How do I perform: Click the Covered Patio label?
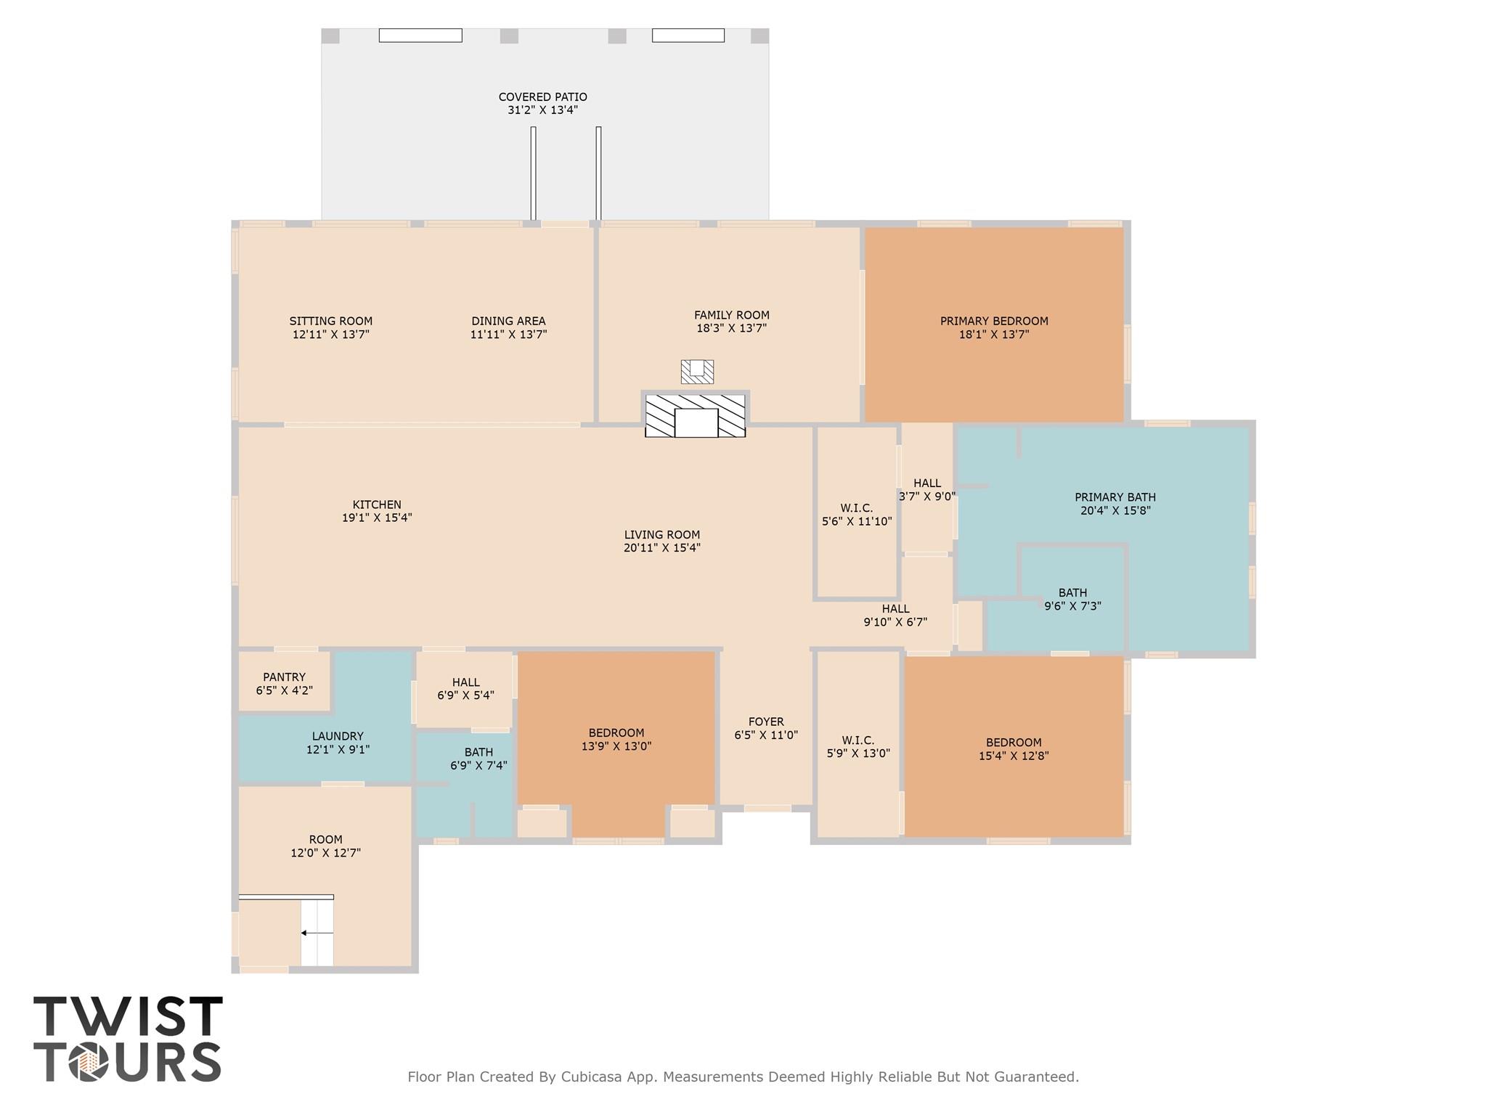(x=542, y=97)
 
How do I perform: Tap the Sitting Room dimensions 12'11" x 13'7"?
(x=331, y=335)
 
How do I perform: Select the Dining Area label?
(x=508, y=321)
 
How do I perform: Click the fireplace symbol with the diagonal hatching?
(x=695, y=416)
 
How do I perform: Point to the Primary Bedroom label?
(x=994, y=321)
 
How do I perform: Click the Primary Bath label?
(x=1115, y=497)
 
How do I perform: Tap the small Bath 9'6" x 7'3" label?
(x=1072, y=599)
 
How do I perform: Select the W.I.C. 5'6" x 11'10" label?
(x=857, y=515)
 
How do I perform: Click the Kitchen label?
(x=377, y=505)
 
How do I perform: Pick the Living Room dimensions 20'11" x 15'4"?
(x=661, y=548)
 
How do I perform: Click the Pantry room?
(x=284, y=683)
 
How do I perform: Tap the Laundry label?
(x=338, y=736)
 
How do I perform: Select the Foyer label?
(x=766, y=722)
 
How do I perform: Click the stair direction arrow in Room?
(x=317, y=933)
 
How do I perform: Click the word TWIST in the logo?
(x=128, y=1017)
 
